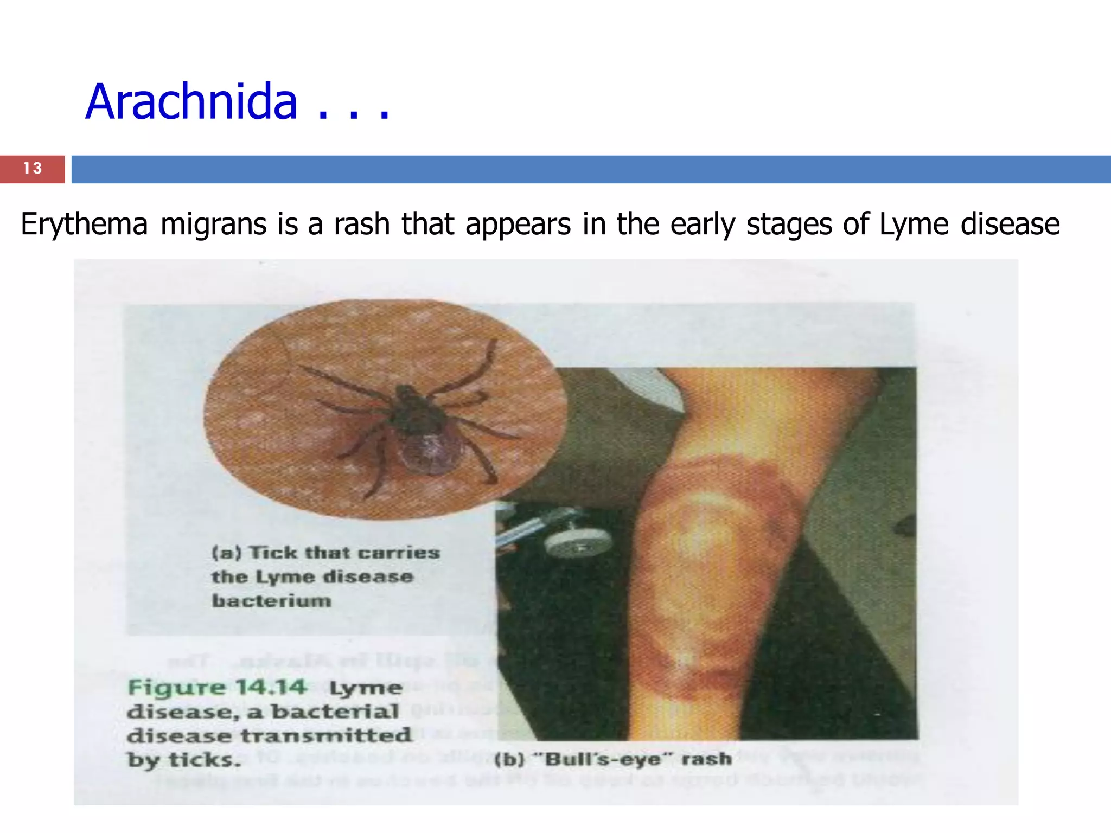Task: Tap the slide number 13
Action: point(33,169)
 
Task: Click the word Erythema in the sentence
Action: point(84,224)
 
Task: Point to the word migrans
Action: point(214,224)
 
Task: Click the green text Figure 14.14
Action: point(217,687)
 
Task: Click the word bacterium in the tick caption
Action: point(271,601)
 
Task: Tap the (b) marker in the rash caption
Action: point(509,759)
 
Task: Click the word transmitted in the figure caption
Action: point(326,735)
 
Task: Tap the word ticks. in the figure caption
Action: point(204,759)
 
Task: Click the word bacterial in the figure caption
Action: point(335,712)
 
